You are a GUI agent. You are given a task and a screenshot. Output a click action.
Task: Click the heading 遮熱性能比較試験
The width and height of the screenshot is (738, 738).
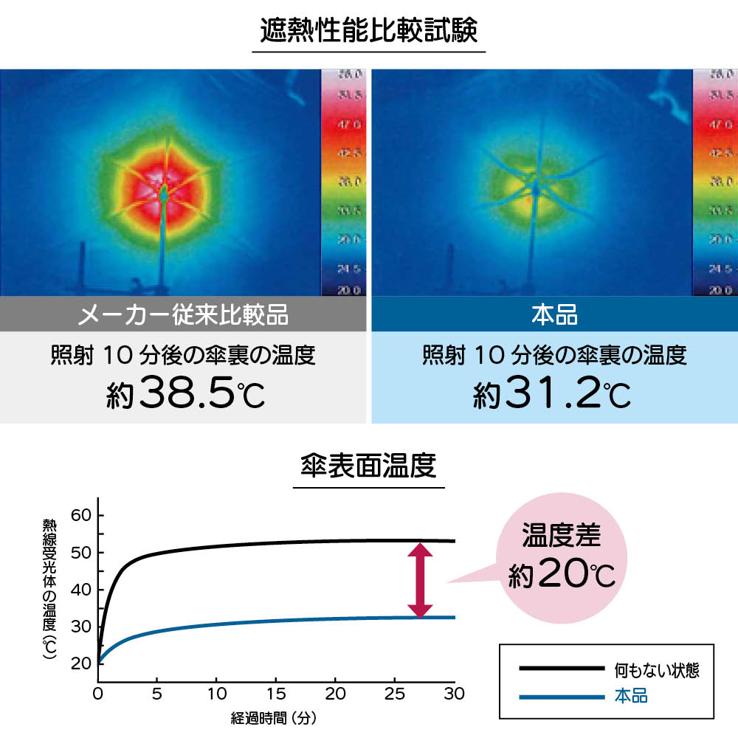point(369,31)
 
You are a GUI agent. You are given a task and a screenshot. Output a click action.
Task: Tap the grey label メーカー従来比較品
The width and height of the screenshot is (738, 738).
point(183,316)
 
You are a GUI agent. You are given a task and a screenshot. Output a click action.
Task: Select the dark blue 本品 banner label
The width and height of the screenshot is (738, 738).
point(554,316)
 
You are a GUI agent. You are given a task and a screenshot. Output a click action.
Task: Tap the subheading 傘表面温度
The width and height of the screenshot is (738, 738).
point(369,466)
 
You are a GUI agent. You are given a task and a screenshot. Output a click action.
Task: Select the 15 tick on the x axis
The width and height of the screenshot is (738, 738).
point(275,694)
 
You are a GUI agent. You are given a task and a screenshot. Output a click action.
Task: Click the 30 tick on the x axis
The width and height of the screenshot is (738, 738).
point(455,694)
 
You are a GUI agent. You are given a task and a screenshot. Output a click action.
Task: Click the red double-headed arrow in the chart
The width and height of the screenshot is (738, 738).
point(421,581)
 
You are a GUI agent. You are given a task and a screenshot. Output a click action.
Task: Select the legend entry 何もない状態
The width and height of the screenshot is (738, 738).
point(656,670)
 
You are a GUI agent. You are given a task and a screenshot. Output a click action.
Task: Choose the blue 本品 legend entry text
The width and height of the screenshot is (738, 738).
point(631,695)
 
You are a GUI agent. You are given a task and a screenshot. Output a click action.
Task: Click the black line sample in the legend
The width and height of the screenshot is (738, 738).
point(561,669)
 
